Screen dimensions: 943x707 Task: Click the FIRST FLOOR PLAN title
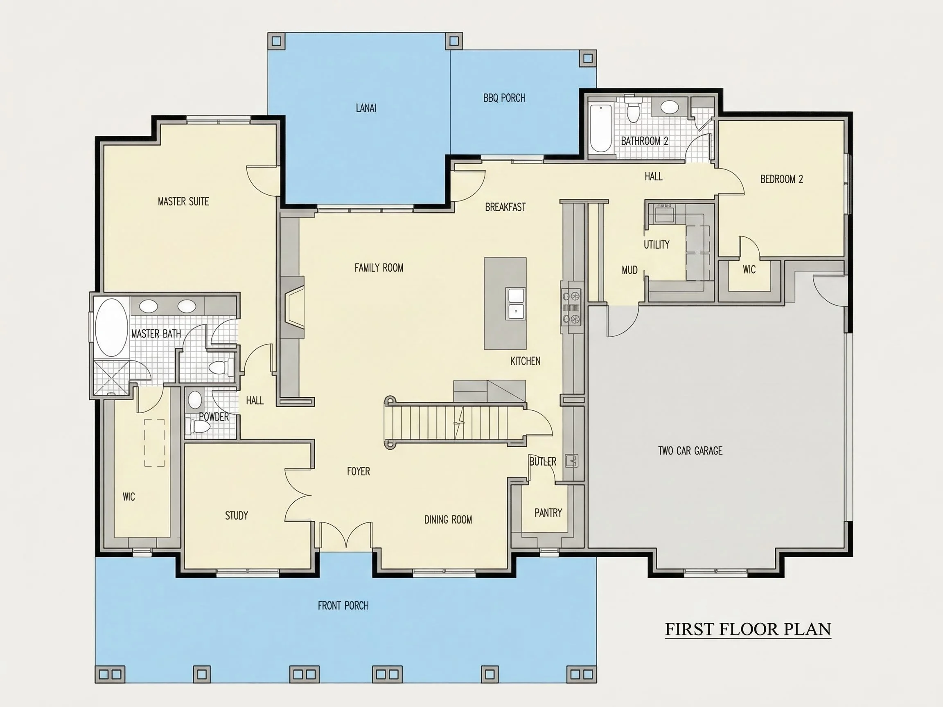click(748, 629)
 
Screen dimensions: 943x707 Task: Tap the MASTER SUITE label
click(183, 202)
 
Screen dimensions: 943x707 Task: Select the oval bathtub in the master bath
click(111, 328)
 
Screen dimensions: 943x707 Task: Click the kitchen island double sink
click(516, 303)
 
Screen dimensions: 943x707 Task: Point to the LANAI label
click(366, 108)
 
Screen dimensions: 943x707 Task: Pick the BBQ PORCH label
click(504, 98)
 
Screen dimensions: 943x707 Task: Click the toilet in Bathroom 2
click(633, 109)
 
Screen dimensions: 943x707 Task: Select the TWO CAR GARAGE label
click(690, 450)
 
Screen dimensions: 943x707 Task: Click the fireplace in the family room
click(293, 307)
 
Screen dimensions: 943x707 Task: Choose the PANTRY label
click(548, 513)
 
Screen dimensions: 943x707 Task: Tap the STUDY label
click(237, 516)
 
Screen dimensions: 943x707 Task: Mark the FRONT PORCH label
click(343, 606)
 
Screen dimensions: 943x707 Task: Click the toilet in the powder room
click(199, 426)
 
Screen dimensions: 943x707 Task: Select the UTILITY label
click(656, 245)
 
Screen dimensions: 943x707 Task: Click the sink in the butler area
click(572, 461)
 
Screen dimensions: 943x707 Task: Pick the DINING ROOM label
click(448, 520)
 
